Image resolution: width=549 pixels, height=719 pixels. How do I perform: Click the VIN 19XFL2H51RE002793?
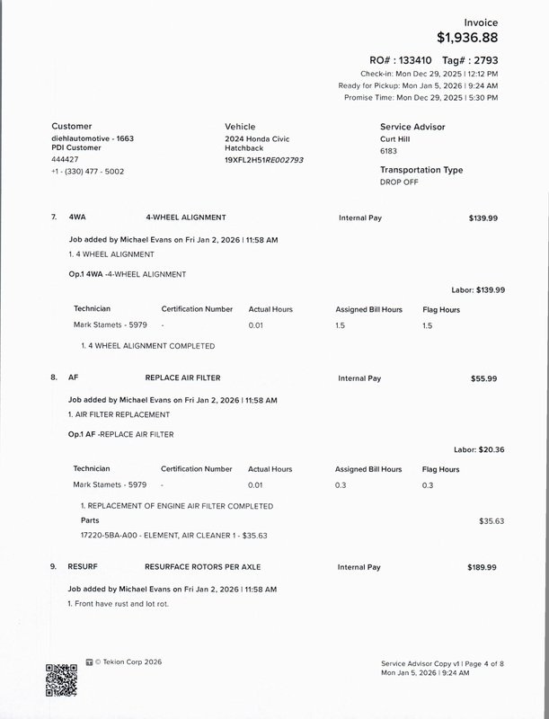coord(264,159)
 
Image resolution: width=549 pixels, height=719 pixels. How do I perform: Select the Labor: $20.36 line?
coord(479,448)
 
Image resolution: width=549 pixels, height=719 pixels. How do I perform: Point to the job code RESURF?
coord(84,568)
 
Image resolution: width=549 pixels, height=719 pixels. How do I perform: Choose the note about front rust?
coord(119,603)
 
